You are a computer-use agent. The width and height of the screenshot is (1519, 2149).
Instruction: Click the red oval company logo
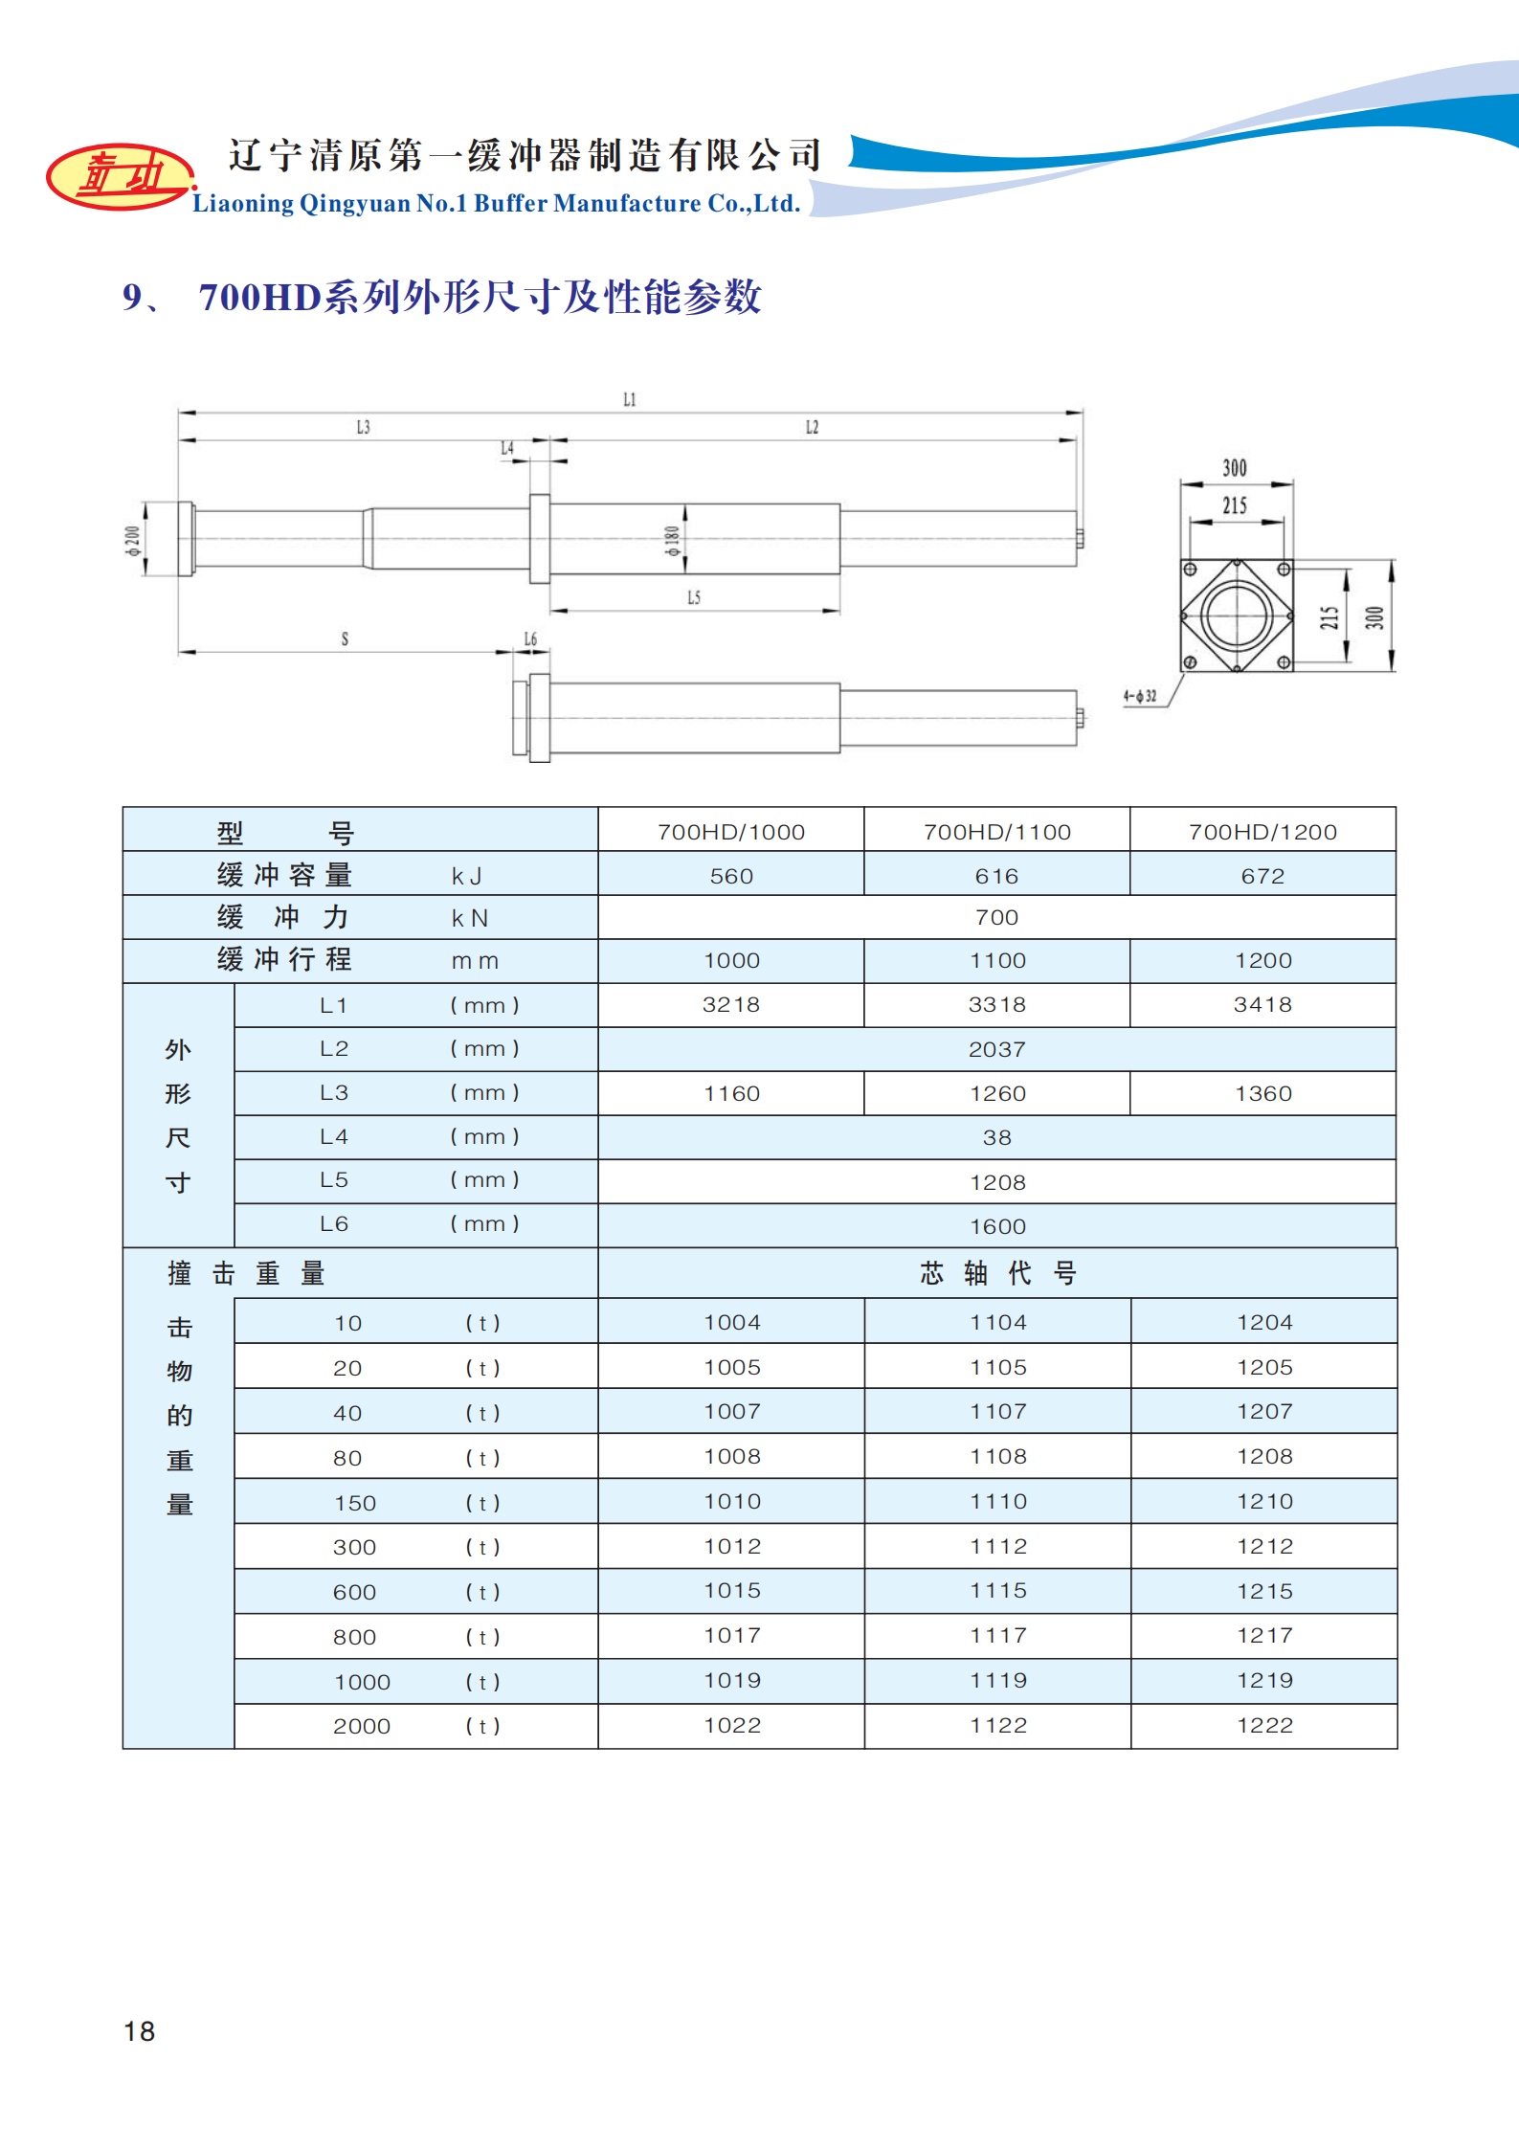point(119,177)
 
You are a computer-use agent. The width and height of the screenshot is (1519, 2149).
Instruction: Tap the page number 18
point(139,2031)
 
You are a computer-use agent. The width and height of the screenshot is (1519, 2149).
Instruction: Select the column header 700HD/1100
point(996,832)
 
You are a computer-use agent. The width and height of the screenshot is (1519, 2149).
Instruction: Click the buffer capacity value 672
point(1262,876)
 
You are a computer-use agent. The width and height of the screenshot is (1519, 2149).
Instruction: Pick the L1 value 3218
point(730,1004)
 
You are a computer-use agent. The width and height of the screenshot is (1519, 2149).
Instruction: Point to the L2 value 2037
point(996,1049)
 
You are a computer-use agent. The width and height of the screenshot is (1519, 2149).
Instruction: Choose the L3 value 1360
point(1262,1093)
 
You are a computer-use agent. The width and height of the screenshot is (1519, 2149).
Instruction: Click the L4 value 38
point(996,1137)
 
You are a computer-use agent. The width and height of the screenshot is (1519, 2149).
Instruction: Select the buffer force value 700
point(996,917)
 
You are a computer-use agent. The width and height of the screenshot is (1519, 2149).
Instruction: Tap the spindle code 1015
point(732,1590)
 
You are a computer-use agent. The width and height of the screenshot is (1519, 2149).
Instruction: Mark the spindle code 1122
point(998,1725)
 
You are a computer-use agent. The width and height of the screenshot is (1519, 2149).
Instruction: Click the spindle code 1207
point(1264,1411)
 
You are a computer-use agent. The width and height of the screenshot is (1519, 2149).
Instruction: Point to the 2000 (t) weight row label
point(362,1726)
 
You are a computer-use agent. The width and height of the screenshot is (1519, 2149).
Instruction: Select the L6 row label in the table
point(334,1223)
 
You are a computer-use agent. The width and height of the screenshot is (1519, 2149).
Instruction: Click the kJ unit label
point(467,876)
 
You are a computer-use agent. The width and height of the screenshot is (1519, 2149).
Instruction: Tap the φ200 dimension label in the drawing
point(133,540)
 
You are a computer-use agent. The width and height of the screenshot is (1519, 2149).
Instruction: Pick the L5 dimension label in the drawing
point(694,597)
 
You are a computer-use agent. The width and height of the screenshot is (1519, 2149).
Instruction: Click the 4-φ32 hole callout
point(1139,696)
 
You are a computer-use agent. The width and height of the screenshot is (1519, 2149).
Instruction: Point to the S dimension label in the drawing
point(345,638)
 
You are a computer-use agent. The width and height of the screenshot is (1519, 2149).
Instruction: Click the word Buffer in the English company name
point(511,203)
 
